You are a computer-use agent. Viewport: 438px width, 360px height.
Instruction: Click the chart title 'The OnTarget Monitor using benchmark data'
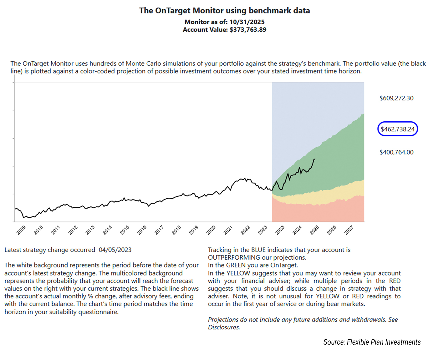(x=224, y=11)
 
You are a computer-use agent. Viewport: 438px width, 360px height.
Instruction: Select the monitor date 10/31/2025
(x=247, y=22)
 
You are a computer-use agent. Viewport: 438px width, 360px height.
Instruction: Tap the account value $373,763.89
(x=248, y=30)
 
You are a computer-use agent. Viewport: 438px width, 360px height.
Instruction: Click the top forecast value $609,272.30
(x=396, y=98)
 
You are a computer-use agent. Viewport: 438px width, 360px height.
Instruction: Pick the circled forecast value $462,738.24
(x=398, y=129)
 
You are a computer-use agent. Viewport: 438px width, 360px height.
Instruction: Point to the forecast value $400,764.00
(x=396, y=152)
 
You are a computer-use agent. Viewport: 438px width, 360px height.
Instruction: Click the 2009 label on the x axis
(x=21, y=230)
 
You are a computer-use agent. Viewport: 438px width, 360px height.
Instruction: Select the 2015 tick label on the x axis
(x=125, y=230)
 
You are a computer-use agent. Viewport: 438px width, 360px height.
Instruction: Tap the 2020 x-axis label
(x=211, y=230)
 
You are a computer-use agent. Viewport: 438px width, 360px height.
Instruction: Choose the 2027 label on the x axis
(x=349, y=230)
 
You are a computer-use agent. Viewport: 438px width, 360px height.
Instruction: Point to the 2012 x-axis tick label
(x=73, y=230)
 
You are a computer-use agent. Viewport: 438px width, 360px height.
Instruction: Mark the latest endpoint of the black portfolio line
(x=315, y=159)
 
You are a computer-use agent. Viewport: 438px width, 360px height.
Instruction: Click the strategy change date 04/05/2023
(x=115, y=250)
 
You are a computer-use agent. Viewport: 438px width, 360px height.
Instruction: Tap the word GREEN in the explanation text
(x=236, y=265)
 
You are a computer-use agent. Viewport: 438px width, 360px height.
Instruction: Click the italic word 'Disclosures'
(x=223, y=327)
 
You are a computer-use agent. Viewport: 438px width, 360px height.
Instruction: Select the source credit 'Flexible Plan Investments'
(x=384, y=342)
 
